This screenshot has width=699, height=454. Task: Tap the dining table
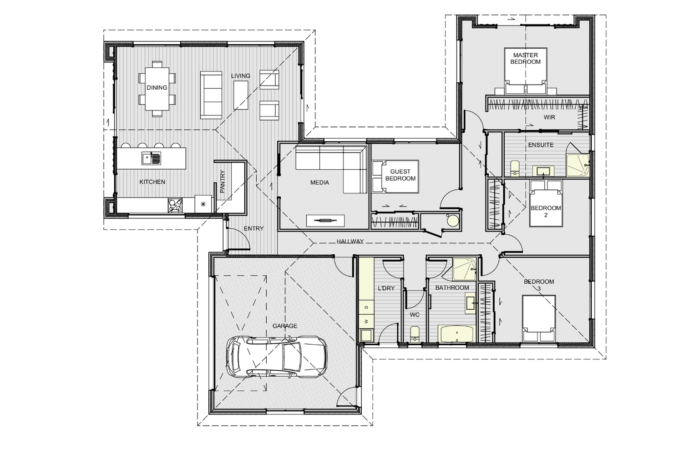point(157,89)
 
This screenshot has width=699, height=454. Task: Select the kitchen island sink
point(151,158)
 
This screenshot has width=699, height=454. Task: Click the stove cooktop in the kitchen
point(175,206)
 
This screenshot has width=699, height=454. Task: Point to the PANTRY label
point(223,182)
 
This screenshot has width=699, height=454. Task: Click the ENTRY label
point(253,228)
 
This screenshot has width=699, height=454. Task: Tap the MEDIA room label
point(319,182)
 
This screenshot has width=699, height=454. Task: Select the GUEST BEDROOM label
point(400,175)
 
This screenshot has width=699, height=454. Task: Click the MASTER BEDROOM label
point(526,58)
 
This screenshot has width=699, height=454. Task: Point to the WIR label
point(549,117)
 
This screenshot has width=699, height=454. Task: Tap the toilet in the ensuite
point(515,168)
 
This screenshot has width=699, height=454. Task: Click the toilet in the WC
point(415,334)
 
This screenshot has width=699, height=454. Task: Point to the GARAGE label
point(284,326)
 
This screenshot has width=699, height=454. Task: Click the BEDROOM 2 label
point(546,211)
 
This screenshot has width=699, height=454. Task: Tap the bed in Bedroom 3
point(539,318)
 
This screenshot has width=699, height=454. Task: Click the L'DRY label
point(386,288)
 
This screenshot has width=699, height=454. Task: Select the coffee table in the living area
point(241,95)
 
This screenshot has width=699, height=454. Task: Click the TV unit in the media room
point(325,221)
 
